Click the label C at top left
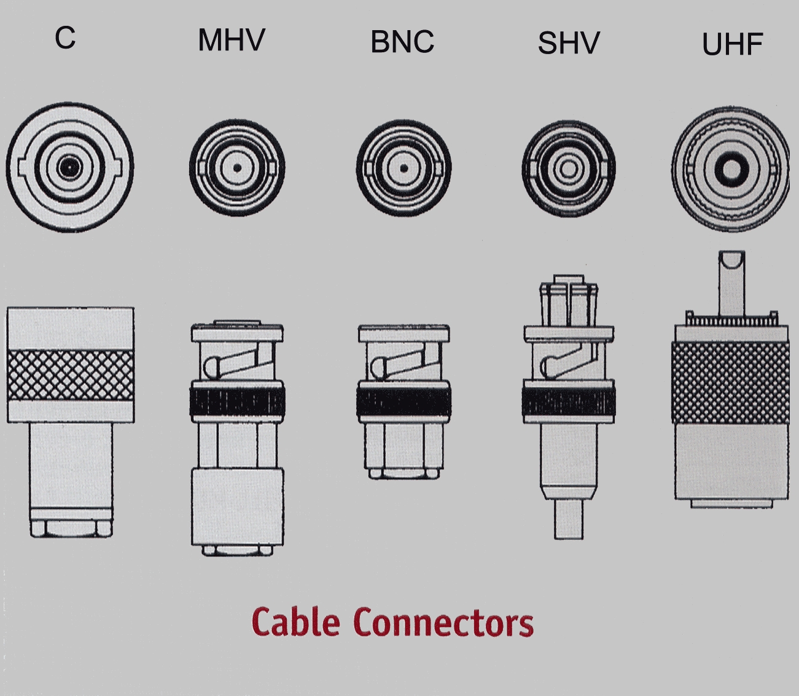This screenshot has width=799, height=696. (65, 38)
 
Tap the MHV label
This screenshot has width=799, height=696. (231, 41)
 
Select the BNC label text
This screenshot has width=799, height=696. (402, 42)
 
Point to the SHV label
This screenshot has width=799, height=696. (569, 44)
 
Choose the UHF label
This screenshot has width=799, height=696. (732, 45)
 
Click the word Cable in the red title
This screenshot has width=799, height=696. (295, 622)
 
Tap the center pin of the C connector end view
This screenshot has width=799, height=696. (69, 167)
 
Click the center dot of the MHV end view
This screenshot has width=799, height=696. (237, 167)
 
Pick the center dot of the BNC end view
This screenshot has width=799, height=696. (403, 168)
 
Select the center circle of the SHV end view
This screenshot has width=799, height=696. (569, 169)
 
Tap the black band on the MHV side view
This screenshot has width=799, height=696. (237, 401)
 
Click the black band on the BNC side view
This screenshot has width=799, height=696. (403, 402)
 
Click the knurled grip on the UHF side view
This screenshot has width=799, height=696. (730, 381)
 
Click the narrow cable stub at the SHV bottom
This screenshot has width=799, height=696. (569, 520)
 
